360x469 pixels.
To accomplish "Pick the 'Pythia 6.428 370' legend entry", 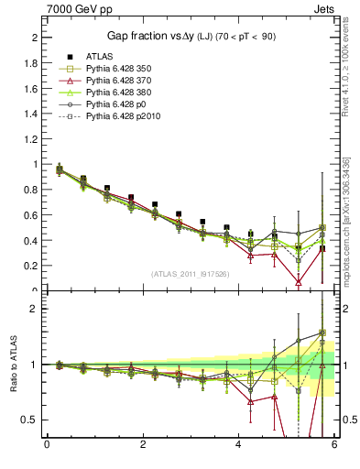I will tap(120, 81).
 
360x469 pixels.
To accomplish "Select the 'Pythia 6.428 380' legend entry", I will tap(120, 93).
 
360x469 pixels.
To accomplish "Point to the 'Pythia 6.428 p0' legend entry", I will tap(117, 105).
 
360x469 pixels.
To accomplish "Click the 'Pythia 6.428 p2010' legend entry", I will tap(125, 118).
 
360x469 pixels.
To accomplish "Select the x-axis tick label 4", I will tap(238, 445).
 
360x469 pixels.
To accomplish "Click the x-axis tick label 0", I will tap(47, 445).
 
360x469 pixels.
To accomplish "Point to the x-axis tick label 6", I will tap(334, 445).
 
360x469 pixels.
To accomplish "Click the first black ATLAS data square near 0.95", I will tap(60, 169).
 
